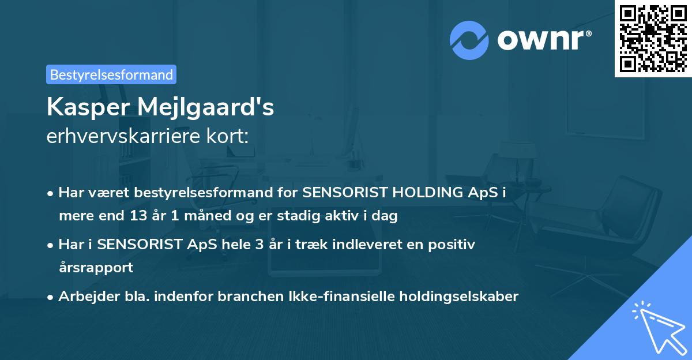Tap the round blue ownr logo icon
pos(469,40)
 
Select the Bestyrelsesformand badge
pos(111,74)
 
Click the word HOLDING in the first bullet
pos(411,193)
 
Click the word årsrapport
pos(96,268)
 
